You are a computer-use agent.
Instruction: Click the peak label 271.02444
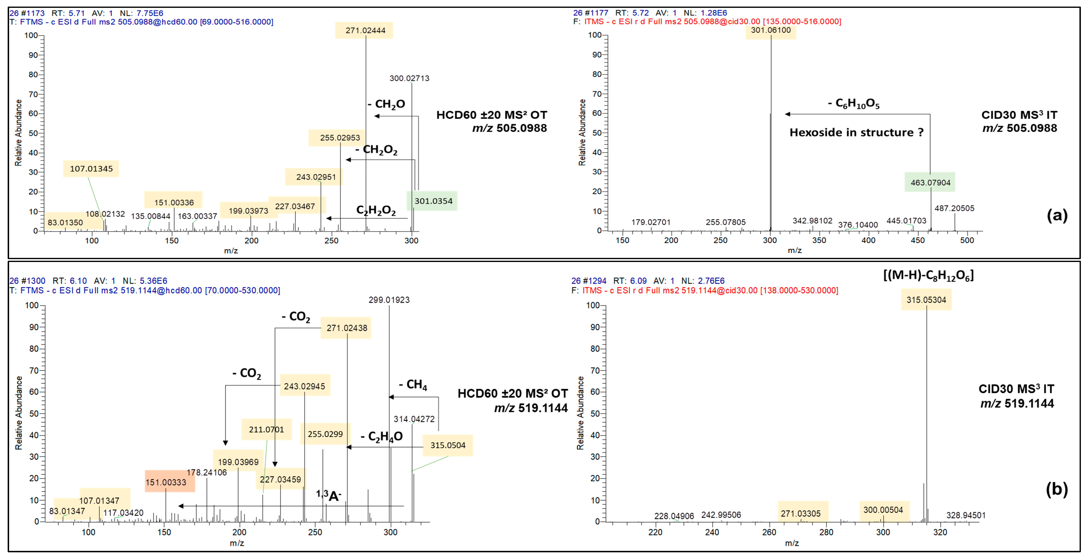click(x=365, y=30)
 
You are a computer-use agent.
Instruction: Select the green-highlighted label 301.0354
click(x=433, y=201)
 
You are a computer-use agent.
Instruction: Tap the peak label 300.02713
click(x=409, y=78)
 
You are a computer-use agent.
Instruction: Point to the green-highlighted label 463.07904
click(x=930, y=182)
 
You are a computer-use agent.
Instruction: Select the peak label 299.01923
click(x=389, y=300)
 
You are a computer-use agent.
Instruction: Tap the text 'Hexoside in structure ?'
click(x=856, y=133)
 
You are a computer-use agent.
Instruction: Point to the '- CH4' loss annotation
click(x=413, y=385)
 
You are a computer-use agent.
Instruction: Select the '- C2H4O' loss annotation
click(x=381, y=436)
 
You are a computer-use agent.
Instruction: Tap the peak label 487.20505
click(x=954, y=208)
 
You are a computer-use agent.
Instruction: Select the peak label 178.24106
click(x=206, y=472)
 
